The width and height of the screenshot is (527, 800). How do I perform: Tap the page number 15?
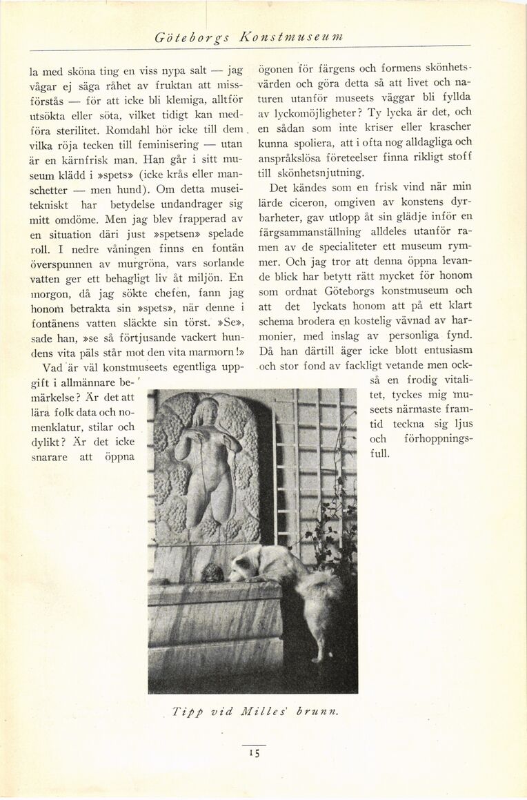tap(254, 754)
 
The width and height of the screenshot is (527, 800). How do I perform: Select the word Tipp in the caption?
tap(184, 712)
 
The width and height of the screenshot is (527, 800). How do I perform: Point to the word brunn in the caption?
tap(317, 712)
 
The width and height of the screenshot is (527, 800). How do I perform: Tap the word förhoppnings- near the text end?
tap(439, 440)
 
